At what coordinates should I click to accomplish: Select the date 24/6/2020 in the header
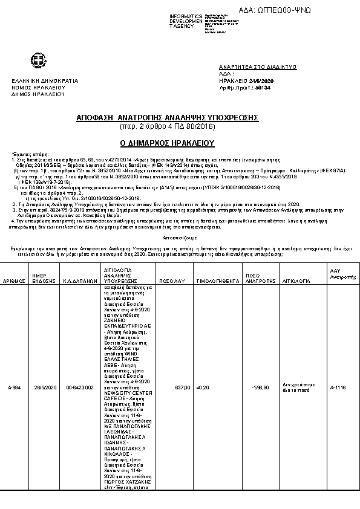[x=261, y=80]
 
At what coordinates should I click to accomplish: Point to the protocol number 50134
[x=263, y=88]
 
